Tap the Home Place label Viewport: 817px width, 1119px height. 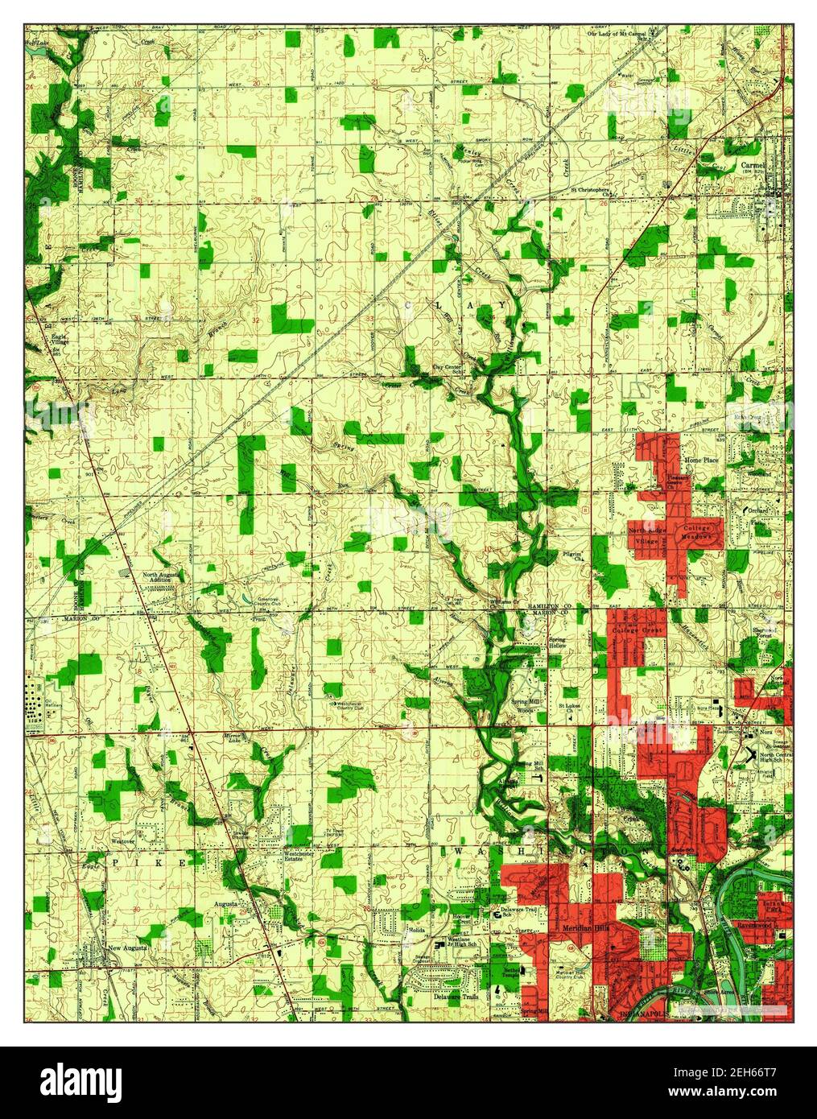point(699,460)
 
